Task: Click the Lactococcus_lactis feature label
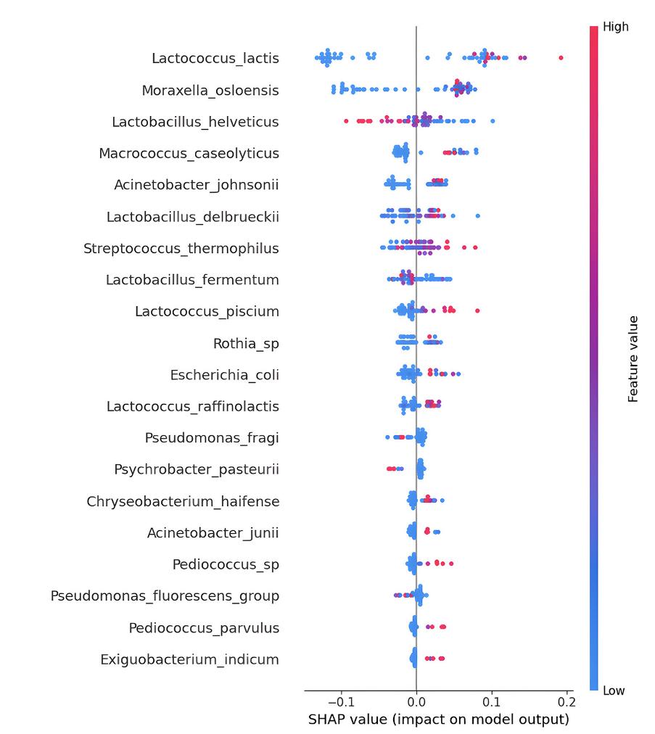(215, 59)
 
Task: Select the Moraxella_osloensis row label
(210, 91)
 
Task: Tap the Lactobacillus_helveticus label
(195, 122)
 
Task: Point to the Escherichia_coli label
(225, 375)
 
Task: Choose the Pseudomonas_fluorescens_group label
(165, 596)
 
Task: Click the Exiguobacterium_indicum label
(189, 659)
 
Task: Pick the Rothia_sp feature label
(247, 344)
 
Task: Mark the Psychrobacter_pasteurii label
(197, 469)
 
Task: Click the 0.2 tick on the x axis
(567, 702)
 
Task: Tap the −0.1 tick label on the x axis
(341, 702)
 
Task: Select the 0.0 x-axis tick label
(416, 702)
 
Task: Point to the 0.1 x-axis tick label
(492, 702)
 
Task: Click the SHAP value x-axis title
(439, 719)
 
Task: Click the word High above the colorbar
(616, 27)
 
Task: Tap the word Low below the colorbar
(614, 691)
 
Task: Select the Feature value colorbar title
(633, 359)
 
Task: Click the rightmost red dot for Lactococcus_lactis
(561, 58)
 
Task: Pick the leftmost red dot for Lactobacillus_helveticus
(346, 121)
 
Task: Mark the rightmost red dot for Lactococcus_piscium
(477, 311)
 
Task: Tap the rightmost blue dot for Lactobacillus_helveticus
(493, 121)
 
